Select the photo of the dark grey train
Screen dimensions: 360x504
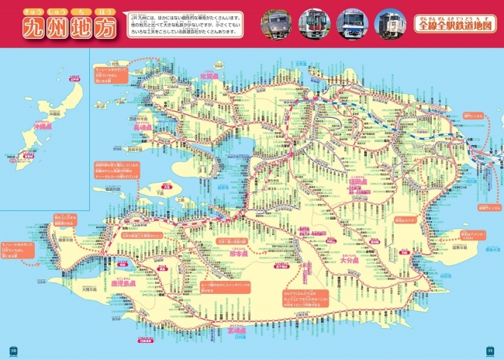(x=277, y=23)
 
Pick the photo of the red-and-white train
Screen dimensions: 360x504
(x=314, y=23)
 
